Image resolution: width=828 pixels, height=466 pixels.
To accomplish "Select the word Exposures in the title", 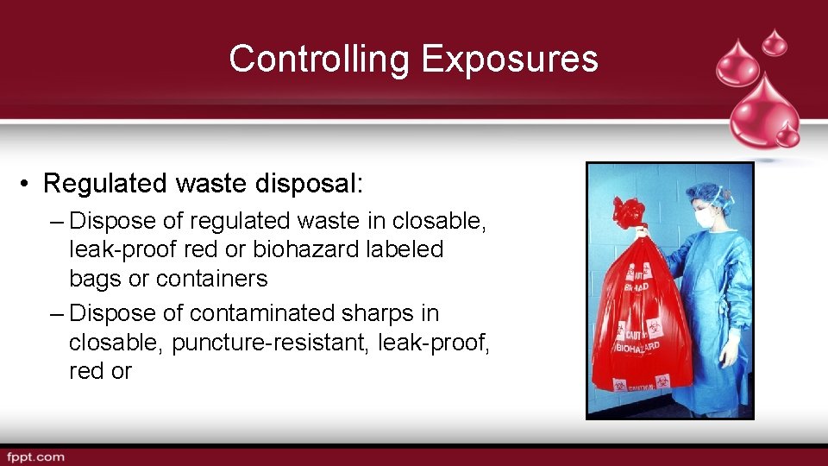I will click(509, 59).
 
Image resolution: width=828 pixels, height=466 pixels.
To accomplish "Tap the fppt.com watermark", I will click(35, 457).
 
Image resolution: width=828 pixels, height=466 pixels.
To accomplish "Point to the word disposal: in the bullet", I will click(305, 184).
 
